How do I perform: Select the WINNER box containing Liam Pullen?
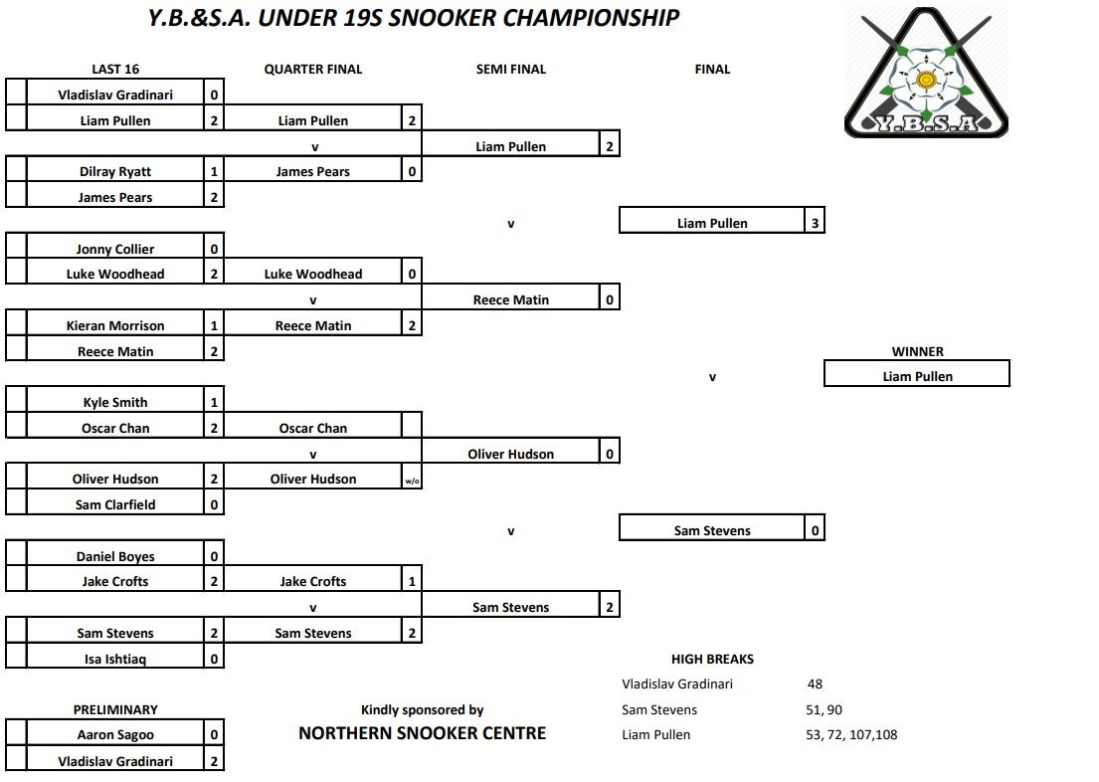pos(917,376)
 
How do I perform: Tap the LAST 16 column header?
pos(115,69)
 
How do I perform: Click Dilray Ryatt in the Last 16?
pos(115,171)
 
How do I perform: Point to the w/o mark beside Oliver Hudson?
pos(412,480)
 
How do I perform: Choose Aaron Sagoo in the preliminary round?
pos(115,735)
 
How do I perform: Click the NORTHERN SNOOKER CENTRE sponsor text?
pos(422,733)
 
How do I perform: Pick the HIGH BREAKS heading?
pos(712,659)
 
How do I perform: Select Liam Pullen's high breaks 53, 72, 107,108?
pos(852,735)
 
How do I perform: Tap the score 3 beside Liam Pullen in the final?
pos(815,223)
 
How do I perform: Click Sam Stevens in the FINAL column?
pos(712,530)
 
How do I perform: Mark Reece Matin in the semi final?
pos(510,299)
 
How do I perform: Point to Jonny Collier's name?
pos(115,249)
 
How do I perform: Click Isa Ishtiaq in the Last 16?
pos(115,659)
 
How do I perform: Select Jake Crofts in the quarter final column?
pos(313,582)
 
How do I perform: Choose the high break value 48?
pos(816,684)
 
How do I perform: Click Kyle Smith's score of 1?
pos(214,403)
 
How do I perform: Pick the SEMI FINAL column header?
pos(511,69)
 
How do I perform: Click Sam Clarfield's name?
pos(115,504)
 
